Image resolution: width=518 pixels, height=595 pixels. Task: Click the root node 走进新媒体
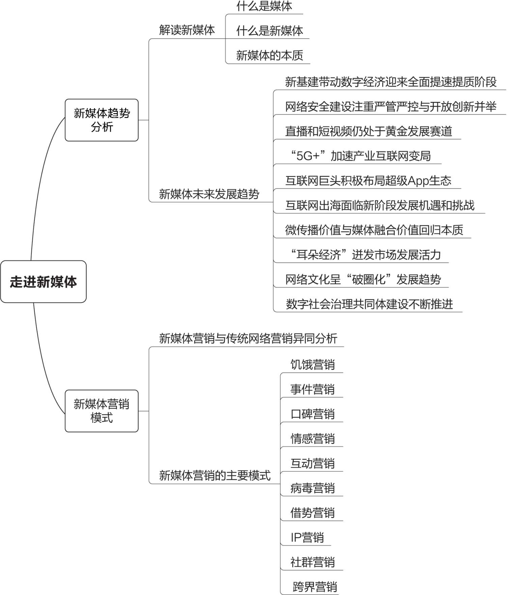[x=43, y=282]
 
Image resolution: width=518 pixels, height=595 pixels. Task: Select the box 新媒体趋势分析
[x=102, y=120]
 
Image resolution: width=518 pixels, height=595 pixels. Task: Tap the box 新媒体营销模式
[x=102, y=411]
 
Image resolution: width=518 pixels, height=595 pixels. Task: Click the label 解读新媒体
[x=187, y=30]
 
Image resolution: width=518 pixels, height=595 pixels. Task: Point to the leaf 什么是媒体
[x=264, y=6]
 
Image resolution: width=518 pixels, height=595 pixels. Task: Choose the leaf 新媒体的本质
[x=269, y=55]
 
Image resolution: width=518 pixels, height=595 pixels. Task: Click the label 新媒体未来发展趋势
[x=209, y=194]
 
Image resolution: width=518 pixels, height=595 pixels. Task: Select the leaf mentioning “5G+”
[x=361, y=156]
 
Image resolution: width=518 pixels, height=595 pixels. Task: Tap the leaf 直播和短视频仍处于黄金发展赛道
[x=369, y=131]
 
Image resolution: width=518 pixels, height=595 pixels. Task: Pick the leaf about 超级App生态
[x=368, y=181]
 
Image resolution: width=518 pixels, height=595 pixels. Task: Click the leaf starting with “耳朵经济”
[x=366, y=255]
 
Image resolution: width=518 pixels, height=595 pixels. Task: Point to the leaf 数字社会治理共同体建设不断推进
[x=369, y=304]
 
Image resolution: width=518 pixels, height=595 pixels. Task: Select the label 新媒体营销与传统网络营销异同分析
[x=248, y=338]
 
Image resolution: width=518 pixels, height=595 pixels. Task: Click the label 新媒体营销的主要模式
[x=215, y=475]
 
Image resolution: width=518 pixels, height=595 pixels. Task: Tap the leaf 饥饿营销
[x=313, y=365]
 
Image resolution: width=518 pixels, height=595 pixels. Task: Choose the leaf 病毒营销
[x=313, y=488]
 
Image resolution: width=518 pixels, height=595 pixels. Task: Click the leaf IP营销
[x=307, y=537]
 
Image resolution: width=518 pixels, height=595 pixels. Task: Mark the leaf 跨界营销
[x=315, y=587]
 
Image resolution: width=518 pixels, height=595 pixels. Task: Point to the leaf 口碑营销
[x=313, y=414]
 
